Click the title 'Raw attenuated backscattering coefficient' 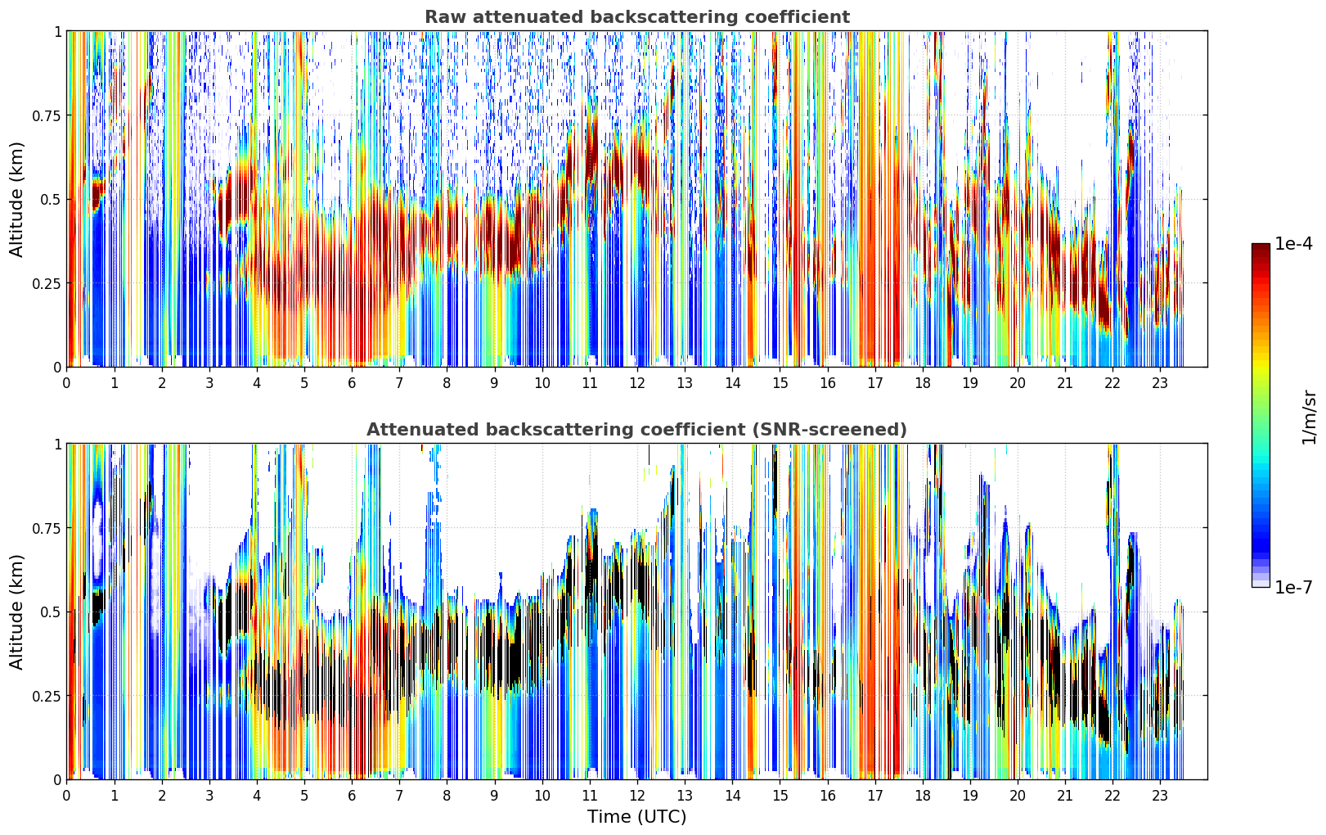(x=637, y=16)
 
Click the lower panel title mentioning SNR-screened (x=637, y=429)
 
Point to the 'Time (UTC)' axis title (x=637, y=817)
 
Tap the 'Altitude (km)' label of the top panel (x=16, y=200)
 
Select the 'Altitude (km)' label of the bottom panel (x=16, y=612)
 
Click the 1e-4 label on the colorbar (x=1293, y=243)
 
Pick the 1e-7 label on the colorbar (x=1293, y=587)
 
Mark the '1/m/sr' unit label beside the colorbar (x=1309, y=417)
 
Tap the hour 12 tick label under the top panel (x=637, y=383)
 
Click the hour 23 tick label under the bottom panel (x=1160, y=796)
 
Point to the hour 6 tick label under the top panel (x=352, y=383)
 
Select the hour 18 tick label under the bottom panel (x=922, y=796)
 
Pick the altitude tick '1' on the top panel (x=58, y=32)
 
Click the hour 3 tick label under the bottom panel (x=209, y=796)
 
